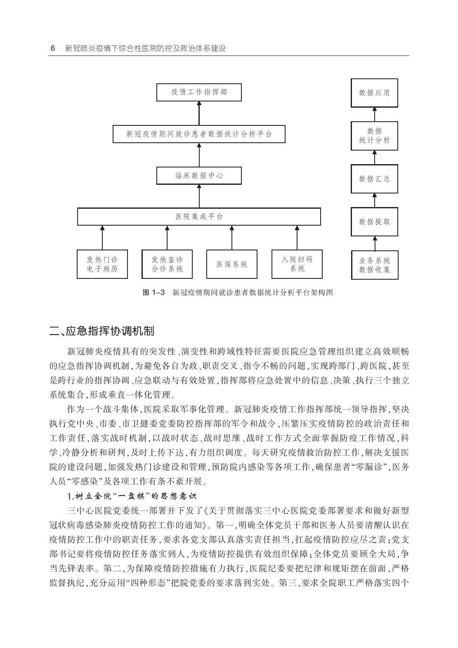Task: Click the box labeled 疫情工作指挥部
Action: click(199, 92)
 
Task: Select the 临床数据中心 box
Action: click(199, 175)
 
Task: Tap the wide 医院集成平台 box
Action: click(199, 217)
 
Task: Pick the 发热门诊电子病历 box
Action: click(102, 264)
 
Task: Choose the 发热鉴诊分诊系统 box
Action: click(167, 264)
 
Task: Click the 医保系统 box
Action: click(231, 264)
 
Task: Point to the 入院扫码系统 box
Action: click(296, 264)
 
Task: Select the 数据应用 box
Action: click(374, 93)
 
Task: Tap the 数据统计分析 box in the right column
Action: click(374, 136)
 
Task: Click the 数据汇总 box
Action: click(374, 179)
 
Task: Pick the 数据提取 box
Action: click(374, 221)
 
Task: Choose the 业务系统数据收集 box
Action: click(374, 265)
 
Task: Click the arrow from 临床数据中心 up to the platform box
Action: click(199, 155)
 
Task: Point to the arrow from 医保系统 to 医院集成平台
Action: click(231, 237)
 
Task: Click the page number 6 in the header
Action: click(53, 48)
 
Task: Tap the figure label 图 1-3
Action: click(153, 293)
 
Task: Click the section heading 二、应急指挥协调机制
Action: click(102, 331)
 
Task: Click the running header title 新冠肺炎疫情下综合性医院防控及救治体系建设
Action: click(146, 48)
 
